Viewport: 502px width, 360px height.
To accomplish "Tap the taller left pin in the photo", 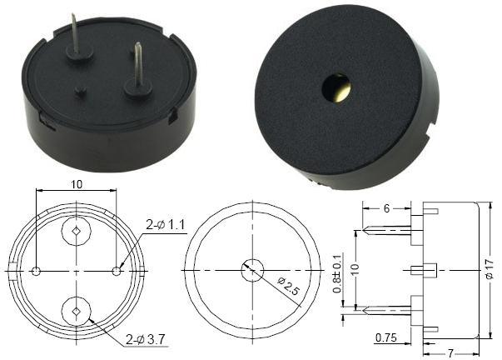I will point(77,37).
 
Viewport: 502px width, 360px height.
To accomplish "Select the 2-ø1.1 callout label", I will point(165,224).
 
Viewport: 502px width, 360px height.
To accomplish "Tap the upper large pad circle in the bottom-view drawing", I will point(77,231).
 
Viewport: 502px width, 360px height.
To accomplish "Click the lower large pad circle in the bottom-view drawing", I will point(77,311).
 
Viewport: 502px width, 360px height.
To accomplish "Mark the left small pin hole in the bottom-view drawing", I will point(37,271).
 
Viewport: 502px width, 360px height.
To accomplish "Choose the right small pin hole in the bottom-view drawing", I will point(117,271).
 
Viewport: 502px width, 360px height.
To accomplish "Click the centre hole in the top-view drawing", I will point(252,270).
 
